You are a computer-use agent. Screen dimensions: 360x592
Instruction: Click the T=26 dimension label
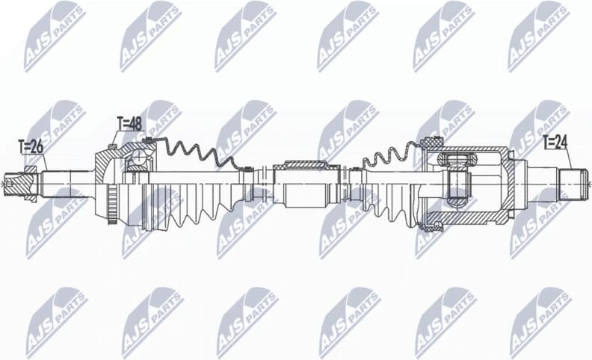tap(31, 147)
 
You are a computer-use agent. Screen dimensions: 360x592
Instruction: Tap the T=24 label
tap(555, 140)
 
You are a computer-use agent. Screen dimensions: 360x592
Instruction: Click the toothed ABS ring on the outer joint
tap(113, 202)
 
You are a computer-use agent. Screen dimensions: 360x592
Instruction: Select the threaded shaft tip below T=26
tap(16, 181)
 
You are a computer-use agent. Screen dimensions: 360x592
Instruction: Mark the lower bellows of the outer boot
tap(187, 209)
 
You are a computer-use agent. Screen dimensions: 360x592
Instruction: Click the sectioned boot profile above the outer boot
tap(194, 153)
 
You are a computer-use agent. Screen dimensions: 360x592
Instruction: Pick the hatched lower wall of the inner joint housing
tap(471, 218)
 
